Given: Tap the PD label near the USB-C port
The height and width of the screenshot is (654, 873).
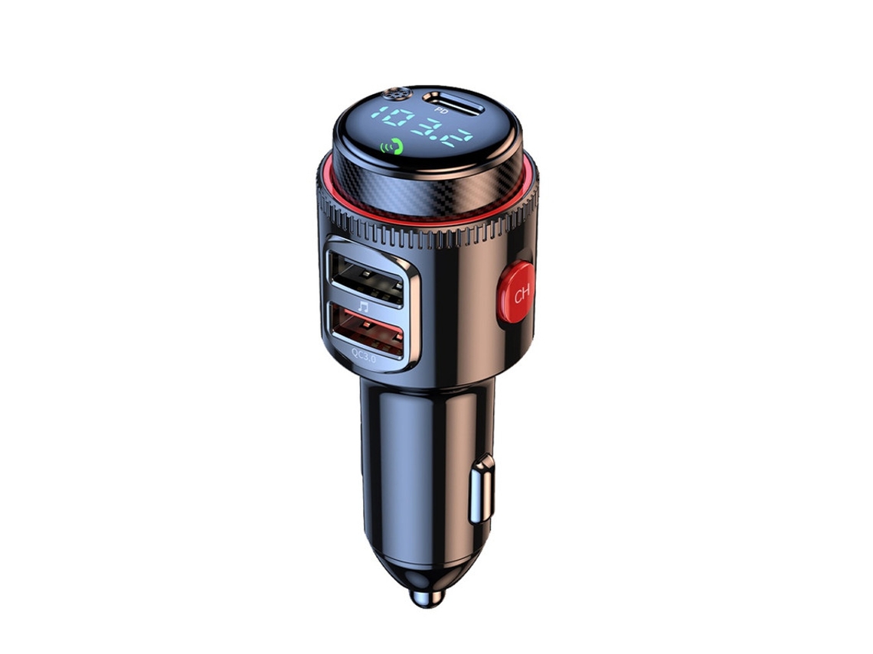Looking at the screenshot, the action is [x=442, y=111].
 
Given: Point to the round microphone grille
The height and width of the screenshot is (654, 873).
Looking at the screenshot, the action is [x=396, y=95].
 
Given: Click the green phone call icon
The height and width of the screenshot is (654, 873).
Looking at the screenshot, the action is [x=393, y=145].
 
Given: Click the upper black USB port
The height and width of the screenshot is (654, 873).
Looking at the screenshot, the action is [x=365, y=278].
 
